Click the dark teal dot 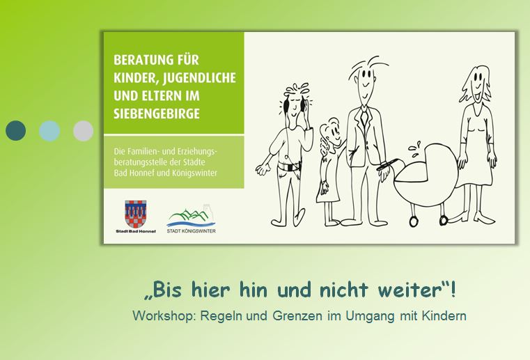[x=15, y=130]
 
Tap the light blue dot [x=49, y=130]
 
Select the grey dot [x=83, y=130]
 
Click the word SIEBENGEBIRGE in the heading [x=157, y=114]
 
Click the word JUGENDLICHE [x=199, y=78]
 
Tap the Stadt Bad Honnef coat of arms [x=136, y=214]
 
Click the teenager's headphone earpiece [x=286, y=106]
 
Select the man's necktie [x=364, y=116]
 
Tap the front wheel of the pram [x=414, y=221]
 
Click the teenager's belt [x=289, y=166]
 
